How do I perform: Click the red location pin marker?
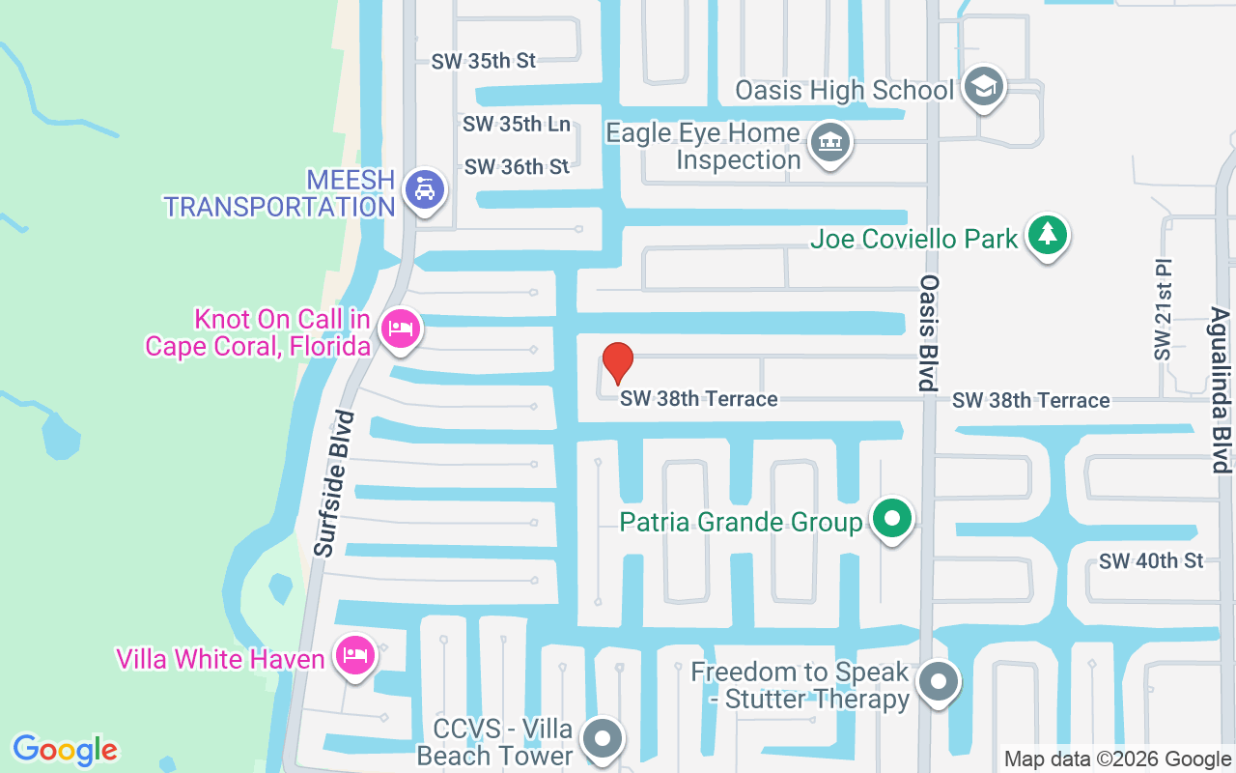tap(617, 362)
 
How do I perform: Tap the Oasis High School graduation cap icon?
tap(984, 87)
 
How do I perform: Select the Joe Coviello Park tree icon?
tap(1047, 234)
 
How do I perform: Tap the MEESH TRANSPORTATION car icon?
tap(423, 189)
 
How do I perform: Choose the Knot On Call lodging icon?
tap(399, 329)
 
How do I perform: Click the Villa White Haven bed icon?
tap(354, 656)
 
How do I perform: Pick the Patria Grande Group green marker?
tap(892, 520)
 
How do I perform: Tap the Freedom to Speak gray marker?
tap(937, 682)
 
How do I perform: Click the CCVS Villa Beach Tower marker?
tap(604, 739)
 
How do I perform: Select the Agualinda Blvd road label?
tap(1220, 390)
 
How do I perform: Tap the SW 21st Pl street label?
tap(1162, 309)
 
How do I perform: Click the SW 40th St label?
tap(1151, 561)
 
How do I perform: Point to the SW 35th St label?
tap(483, 61)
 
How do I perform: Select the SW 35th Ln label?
tap(517, 125)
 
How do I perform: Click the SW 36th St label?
tap(517, 167)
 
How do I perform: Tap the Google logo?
tap(66, 750)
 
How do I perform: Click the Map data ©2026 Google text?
tap(1117, 759)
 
